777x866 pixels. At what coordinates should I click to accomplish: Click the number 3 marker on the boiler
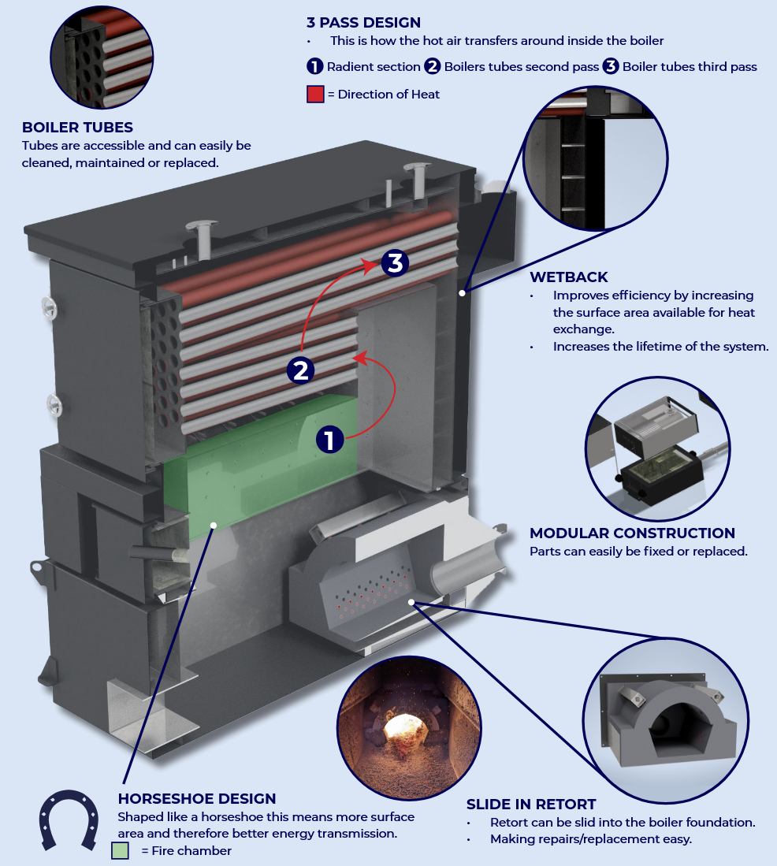(395, 262)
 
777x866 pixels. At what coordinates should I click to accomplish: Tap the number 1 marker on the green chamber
(330, 439)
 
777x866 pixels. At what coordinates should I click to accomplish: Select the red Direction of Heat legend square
(315, 95)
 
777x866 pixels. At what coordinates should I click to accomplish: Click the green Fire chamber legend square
(120, 850)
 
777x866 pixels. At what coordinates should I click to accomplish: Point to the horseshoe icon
(69, 820)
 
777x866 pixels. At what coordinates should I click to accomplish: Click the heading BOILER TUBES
(77, 128)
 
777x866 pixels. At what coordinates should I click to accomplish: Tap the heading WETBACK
(569, 277)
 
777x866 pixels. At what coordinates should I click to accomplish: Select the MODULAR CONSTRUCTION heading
(632, 533)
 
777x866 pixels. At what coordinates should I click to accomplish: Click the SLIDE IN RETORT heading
(531, 805)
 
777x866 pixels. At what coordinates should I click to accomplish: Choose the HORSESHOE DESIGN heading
(197, 799)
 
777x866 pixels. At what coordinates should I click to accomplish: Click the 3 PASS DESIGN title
(363, 23)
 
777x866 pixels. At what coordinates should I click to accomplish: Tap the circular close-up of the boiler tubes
(101, 58)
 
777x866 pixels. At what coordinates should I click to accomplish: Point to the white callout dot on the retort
(411, 602)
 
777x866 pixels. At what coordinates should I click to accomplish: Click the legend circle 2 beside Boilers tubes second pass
(433, 67)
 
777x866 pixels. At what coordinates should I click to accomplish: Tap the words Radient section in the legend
(373, 67)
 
